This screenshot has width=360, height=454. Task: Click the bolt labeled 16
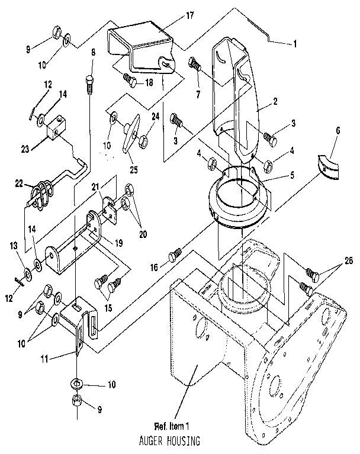173,255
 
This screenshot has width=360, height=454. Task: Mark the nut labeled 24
143,141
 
